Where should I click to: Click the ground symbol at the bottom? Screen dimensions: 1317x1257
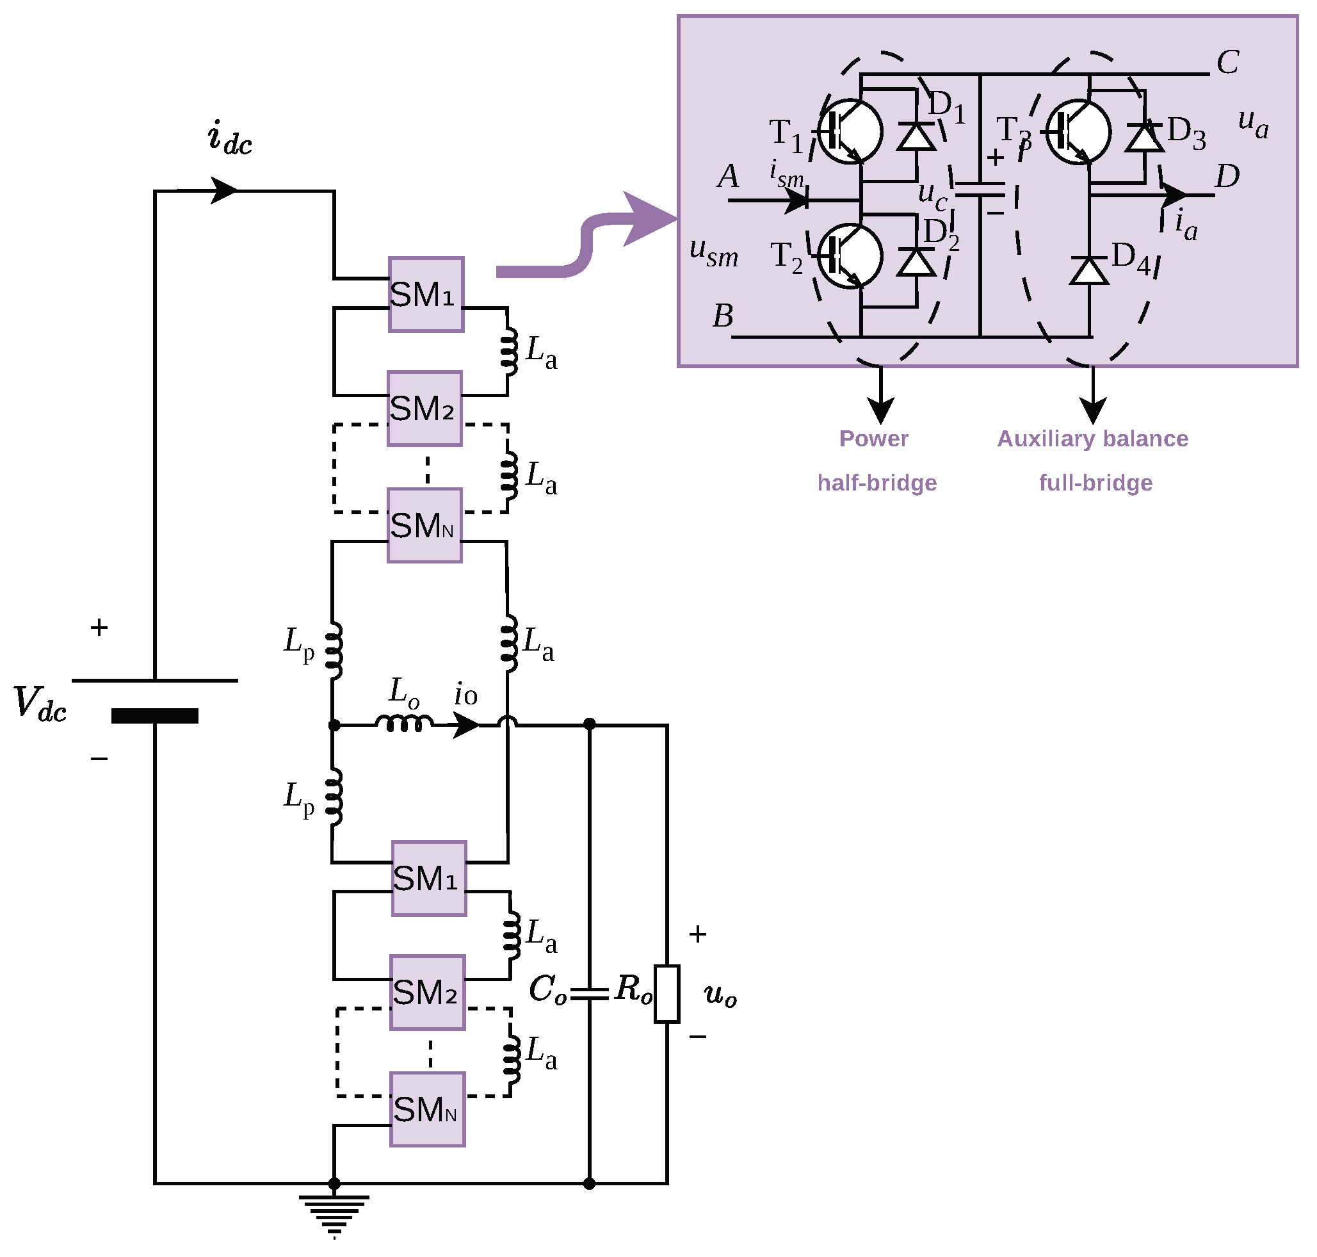coord(334,1213)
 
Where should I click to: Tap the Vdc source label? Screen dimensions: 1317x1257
coord(40,704)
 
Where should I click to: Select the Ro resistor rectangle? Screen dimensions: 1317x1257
coord(667,994)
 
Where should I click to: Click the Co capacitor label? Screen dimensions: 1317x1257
coord(547,989)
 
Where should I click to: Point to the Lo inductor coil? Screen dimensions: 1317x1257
coord(403,723)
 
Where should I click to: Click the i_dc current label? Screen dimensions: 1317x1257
coord(230,138)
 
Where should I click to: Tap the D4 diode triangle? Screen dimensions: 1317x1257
coord(1088,270)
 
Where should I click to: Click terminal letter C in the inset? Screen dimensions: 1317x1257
coord(1227,62)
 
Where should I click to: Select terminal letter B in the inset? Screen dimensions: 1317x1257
coord(723,316)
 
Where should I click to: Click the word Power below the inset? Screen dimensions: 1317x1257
coord(873,438)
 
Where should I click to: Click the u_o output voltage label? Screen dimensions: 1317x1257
coord(720,995)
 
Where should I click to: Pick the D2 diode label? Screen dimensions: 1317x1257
coord(941,234)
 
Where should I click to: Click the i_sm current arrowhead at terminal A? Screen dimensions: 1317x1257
coord(796,200)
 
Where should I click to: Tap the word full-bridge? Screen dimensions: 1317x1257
coord(1095,483)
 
